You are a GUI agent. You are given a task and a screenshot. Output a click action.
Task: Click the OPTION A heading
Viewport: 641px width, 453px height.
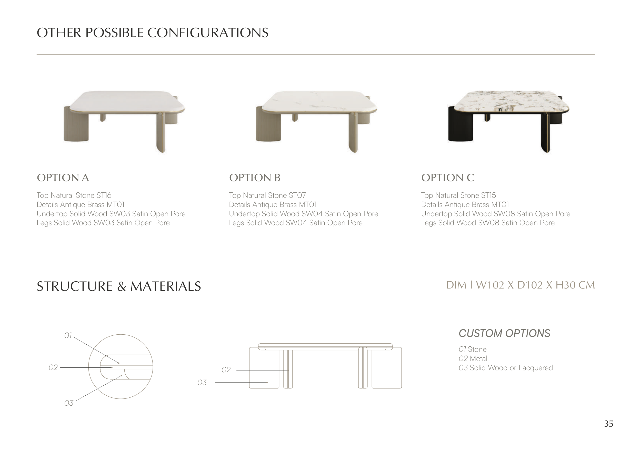[63, 178]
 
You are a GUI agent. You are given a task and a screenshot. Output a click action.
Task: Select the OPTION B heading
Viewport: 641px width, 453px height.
[255, 178]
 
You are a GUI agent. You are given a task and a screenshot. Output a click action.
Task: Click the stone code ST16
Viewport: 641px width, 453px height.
[104, 195]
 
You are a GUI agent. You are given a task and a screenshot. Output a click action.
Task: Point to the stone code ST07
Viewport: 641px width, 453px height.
[297, 195]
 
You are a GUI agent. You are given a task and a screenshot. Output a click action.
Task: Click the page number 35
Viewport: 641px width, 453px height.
[609, 424]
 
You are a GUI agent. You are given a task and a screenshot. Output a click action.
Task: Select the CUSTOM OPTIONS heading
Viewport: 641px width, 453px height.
[505, 333]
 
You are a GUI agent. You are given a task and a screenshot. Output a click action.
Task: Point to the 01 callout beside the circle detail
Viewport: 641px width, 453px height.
[68, 335]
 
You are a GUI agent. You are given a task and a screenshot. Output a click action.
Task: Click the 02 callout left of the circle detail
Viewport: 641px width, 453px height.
[53, 367]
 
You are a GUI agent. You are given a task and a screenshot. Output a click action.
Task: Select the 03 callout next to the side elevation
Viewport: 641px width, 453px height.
[202, 383]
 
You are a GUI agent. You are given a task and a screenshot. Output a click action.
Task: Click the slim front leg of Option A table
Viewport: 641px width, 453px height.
[161, 132]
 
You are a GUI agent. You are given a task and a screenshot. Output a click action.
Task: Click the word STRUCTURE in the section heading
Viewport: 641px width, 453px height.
[75, 286]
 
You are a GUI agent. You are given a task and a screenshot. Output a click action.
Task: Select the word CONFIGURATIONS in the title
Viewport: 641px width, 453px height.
[208, 33]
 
